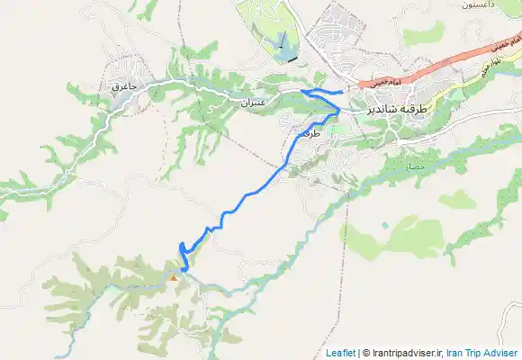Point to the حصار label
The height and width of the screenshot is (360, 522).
pyautogui.click(x=414, y=166)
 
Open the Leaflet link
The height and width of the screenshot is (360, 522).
pyautogui.click(x=339, y=353)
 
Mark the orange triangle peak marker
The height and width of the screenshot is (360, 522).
pyautogui.click(x=174, y=277)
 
